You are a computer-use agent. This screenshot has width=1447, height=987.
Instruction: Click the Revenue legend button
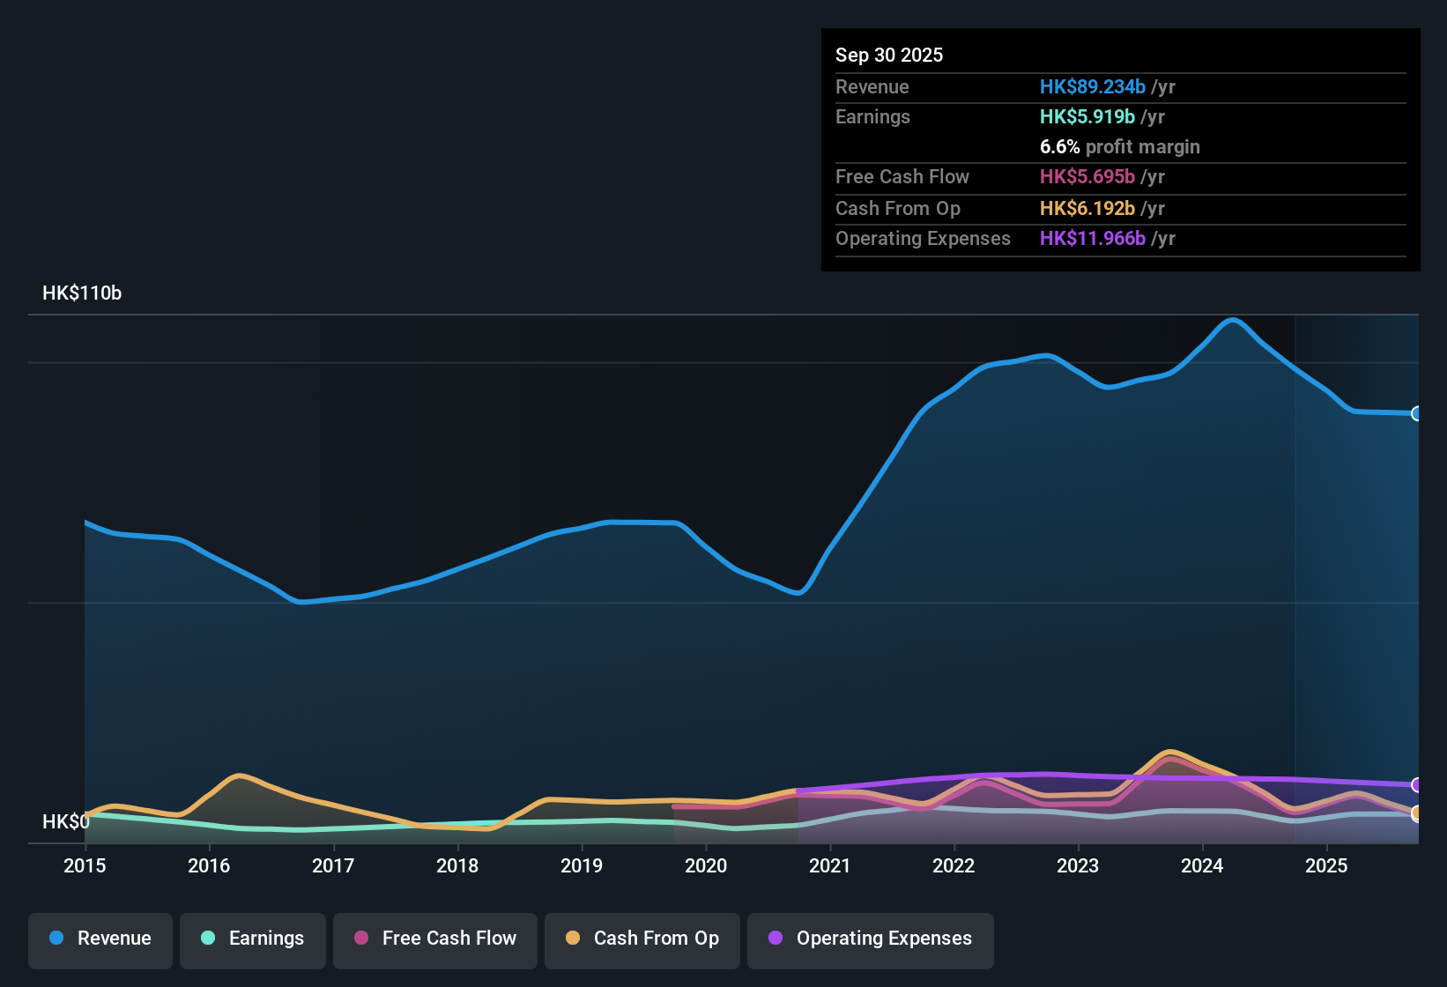(100, 939)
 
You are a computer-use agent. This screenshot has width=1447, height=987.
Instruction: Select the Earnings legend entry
(253, 939)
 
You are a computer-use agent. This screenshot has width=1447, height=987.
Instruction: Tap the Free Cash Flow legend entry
(435, 939)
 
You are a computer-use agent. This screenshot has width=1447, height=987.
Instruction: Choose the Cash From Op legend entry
(642, 939)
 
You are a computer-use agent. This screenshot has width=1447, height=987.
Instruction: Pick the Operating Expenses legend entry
(871, 939)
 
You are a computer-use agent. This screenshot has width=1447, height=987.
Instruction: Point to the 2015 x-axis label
(85, 866)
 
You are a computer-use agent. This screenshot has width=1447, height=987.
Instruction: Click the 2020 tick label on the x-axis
(706, 866)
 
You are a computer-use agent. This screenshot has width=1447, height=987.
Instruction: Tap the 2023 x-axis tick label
(1078, 866)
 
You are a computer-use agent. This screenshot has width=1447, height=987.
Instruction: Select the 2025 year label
(1326, 866)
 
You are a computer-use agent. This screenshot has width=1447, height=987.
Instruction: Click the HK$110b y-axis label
(82, 293)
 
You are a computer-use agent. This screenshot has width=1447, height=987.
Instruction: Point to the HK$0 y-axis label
(66, 822)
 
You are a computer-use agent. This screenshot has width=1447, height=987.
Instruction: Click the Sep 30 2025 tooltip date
(889, 56)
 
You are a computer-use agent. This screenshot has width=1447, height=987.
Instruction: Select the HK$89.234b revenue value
(1093, 87)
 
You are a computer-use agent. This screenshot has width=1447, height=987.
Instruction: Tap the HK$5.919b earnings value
(1087, 117)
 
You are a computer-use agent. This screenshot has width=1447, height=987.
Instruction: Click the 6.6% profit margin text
(1119, 147)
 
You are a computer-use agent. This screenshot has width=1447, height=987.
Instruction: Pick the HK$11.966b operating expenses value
(1093, 239)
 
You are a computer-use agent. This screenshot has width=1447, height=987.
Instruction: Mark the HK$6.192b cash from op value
(1087, 209)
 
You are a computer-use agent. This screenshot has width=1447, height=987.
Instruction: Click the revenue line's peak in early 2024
(1232, 320)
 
